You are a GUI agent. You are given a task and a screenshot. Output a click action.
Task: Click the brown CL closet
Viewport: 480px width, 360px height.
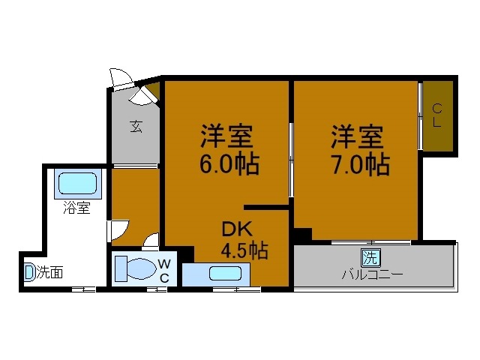click(436, 115)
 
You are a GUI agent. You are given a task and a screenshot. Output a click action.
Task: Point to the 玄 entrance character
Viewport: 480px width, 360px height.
click(136, 127)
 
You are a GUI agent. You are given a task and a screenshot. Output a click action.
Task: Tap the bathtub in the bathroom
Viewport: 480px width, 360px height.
click(77, 182)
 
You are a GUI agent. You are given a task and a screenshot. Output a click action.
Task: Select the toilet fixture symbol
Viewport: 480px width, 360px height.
click(136, 268)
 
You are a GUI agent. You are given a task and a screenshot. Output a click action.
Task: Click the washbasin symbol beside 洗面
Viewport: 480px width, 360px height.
click(29, 272)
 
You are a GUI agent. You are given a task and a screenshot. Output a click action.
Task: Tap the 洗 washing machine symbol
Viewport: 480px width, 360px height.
click(370, 258)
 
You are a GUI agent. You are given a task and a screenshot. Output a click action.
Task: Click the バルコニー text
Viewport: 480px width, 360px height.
click(373, 274)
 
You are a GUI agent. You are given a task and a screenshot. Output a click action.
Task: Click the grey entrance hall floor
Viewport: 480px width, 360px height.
click(135, 139)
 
